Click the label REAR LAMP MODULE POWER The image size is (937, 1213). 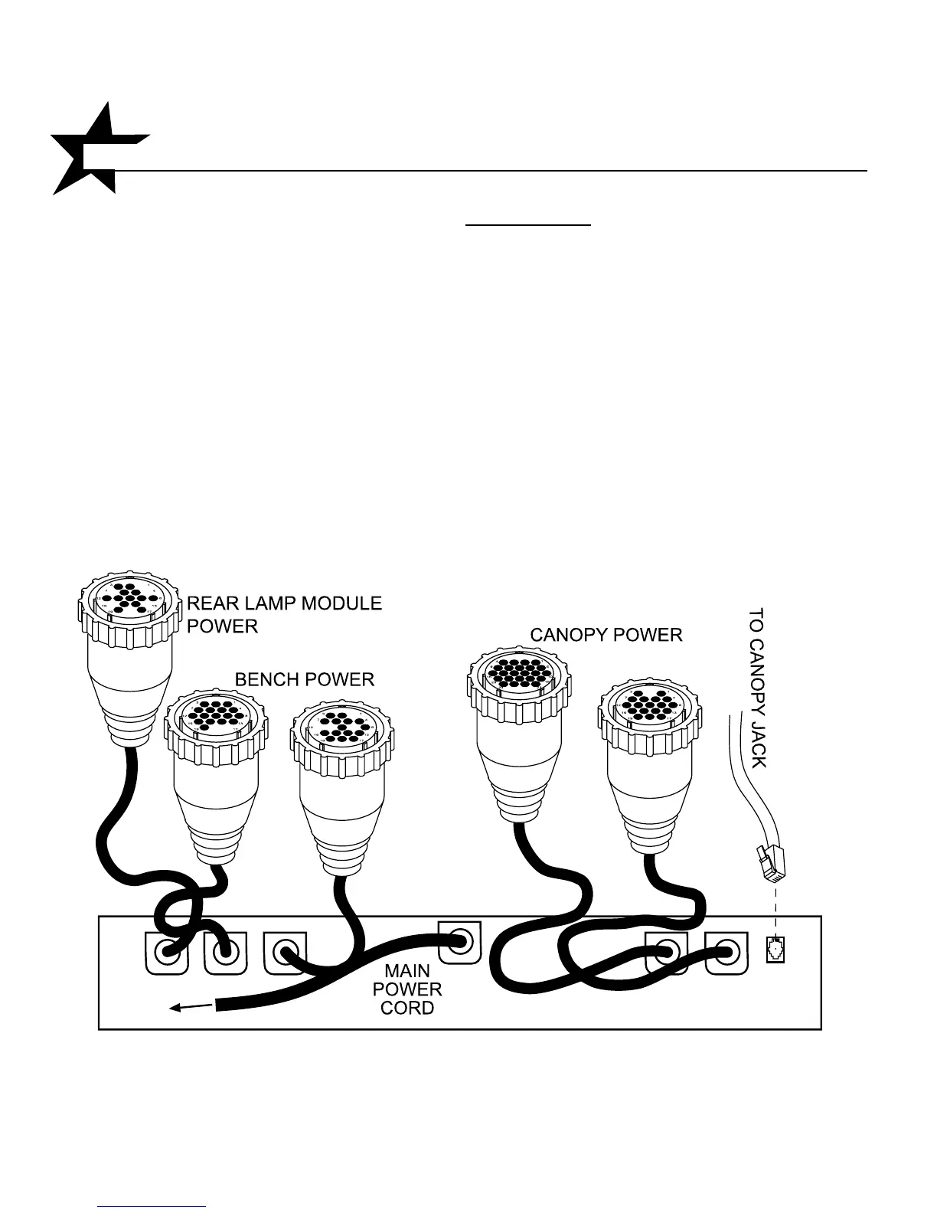pyautogui.click(x=284, y=614)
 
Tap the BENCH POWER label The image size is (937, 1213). pyautogui.click(x=304, y=679)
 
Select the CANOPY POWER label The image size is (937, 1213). pyautogui.click(x=606, y=635)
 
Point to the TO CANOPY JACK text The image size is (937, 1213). pyautogui.click(x=756, y=687)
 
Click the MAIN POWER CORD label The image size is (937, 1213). pyautogui.click(x=407, y=989)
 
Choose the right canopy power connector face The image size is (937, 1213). pyautogui.click(x=648, y=705)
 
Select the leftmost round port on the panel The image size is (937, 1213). pyautogui.click(x=165, y=953)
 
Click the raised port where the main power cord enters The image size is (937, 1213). pyautogui.click(x=459, y=940)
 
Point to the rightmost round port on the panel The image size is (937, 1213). pyautogui.click(x=726, y=953)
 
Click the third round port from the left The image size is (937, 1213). pyautogui.click(x=285, y=953)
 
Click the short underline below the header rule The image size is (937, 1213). pyautogui.click(x=529, y=226)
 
